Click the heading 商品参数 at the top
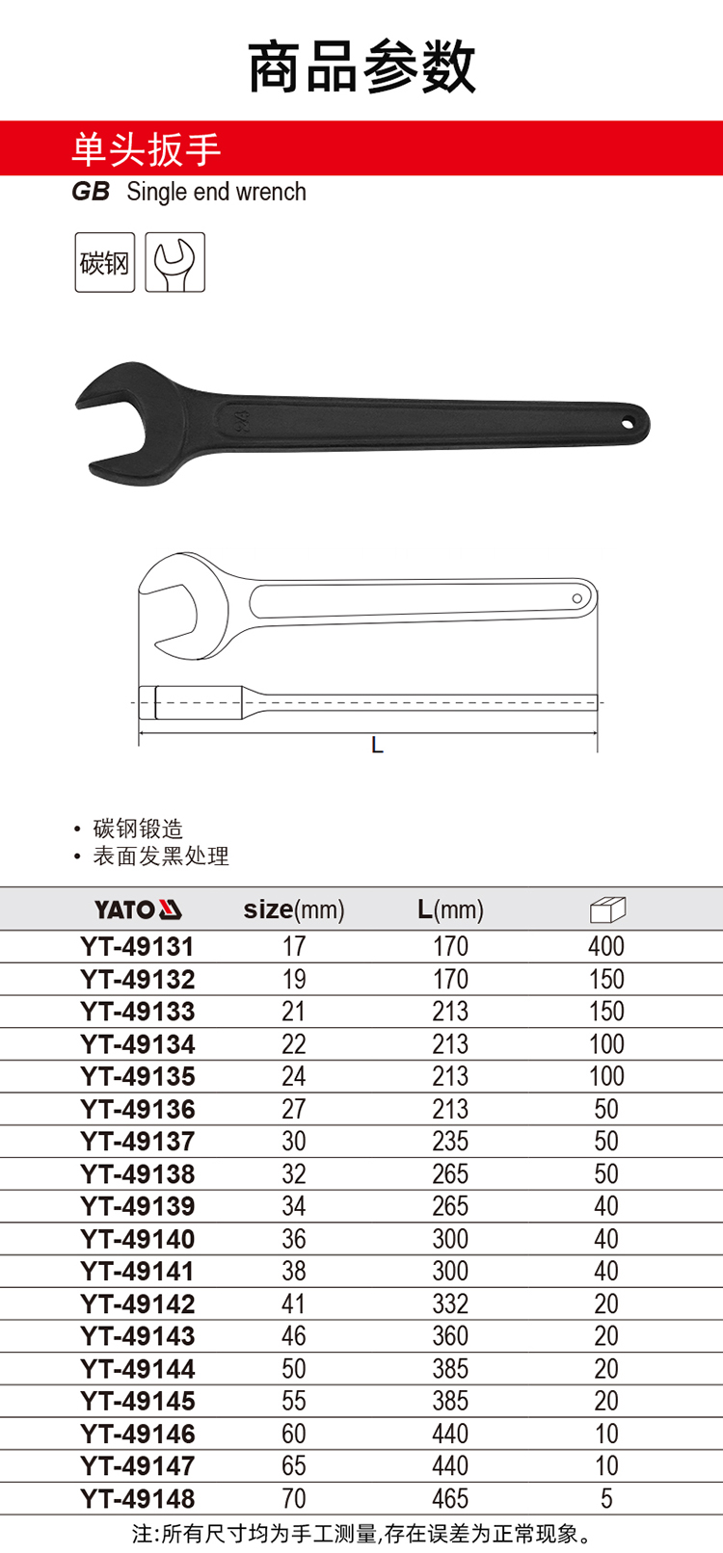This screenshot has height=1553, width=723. tap(361, 66)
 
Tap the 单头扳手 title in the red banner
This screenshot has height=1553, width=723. tap(146, 149)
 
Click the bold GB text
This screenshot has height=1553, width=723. tap(91, 192)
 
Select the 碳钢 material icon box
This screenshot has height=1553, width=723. tap(105, 262)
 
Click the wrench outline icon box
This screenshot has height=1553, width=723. tap(174, 262)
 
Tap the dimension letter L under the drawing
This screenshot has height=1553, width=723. tap(377, 746)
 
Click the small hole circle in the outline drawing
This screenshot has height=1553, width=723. tap(576, 598)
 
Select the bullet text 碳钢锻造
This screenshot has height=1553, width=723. tap(138, 829)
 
